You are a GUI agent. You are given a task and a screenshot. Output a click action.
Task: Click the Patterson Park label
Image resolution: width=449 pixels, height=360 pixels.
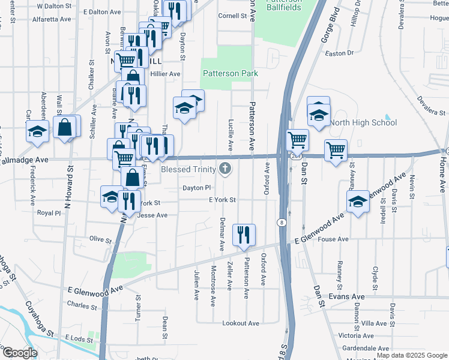click(x=231, y=74)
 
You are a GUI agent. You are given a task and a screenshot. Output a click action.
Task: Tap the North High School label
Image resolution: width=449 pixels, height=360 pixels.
click(x=364, y=123)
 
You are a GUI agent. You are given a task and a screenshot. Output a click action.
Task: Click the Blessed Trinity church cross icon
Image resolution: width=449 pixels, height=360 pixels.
click(x=225, y=169)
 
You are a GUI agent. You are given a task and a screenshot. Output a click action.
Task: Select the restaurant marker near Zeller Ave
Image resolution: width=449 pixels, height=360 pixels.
click(x=244, y=235)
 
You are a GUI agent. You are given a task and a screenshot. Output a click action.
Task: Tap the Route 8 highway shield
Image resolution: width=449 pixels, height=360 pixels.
click(x=281, y=222)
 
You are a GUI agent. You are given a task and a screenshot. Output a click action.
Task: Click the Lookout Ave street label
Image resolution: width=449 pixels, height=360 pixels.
click(x=241, y=323)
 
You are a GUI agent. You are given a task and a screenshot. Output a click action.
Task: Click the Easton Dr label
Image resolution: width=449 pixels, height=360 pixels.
click(x=340, y=53)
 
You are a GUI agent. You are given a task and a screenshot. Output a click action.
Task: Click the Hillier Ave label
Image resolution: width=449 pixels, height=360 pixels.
click(x=165, y=74)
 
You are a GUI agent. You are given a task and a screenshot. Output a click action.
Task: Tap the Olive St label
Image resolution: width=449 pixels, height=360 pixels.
click(x=100, y=240)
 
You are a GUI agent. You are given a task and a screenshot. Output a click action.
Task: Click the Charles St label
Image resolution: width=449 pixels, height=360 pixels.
click(x=82, y=305)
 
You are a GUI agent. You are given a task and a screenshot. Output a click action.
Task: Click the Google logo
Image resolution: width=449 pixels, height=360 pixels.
click(x=19, y=353)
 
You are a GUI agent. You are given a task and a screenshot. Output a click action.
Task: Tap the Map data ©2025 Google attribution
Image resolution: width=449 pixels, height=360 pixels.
click(x=411, y=356)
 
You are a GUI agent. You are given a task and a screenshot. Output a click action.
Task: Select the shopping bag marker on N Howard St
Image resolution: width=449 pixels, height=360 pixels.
click(x=65, y=127)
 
